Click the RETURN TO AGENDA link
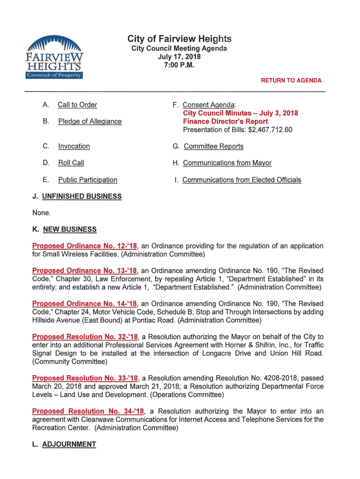[x=291, y=80]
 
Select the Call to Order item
[x=77, y=105]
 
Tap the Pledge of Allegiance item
[x=90, y=122]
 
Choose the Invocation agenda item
[x=74, y=146]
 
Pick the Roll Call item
[x=71, y=163]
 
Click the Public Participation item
[x=88, y=180]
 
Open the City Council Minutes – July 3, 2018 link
[x=240, y=113]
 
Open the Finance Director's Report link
[x=225, y=122]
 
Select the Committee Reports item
[x=213, y=146]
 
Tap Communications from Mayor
[x=227, y=163]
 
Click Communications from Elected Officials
[x=242, y=180]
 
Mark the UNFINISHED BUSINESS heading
[x=82, y=196]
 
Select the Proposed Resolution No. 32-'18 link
[x=85, y=337]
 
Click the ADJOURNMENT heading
[x=69, y=444]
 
